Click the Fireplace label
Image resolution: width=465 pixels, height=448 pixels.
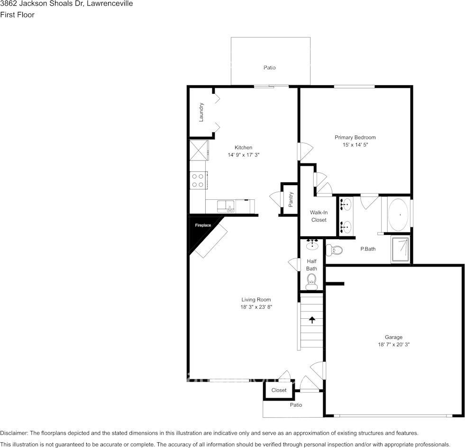click(x=203, y=225)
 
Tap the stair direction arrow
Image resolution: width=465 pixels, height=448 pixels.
click(x=312, y=320)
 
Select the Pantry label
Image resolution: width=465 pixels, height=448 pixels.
click(x=291, y=199)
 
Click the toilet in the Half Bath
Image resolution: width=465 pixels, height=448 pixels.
click(x=311, y=281)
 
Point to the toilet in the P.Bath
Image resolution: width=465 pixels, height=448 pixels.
click(x=334, y=250)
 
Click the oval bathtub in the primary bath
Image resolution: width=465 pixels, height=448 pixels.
click(x=398, y=215)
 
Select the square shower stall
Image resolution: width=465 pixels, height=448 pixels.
click(x=401, y=249)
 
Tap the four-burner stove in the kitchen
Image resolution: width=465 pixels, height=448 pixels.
click(x=198, y=180)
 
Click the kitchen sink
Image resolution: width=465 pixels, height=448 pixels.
click(x=226, y=206)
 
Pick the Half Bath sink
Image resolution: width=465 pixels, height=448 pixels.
click(x=312, y=244)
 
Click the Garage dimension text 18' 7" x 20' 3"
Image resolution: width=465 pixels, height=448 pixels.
click(x=393, y=344)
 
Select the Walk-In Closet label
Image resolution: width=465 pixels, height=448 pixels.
click(x=319, y=216)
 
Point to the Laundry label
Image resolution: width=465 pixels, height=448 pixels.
click(x=201, y=112)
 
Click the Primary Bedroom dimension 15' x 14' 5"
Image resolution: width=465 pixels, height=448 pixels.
click(x=355, y=144)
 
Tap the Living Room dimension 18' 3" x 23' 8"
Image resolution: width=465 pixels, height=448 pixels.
click(x=256, y=307)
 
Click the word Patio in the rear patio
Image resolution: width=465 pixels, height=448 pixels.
click(x=270, y=68)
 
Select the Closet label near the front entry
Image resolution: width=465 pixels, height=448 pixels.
click(x=279, y=390)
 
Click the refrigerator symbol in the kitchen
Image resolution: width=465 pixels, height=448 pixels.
click(x=199, y=150)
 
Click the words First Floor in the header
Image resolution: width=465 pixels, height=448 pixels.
click(x=17, y=15)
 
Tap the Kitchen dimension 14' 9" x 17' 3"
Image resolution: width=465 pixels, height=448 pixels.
click(x=244, y=155)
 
